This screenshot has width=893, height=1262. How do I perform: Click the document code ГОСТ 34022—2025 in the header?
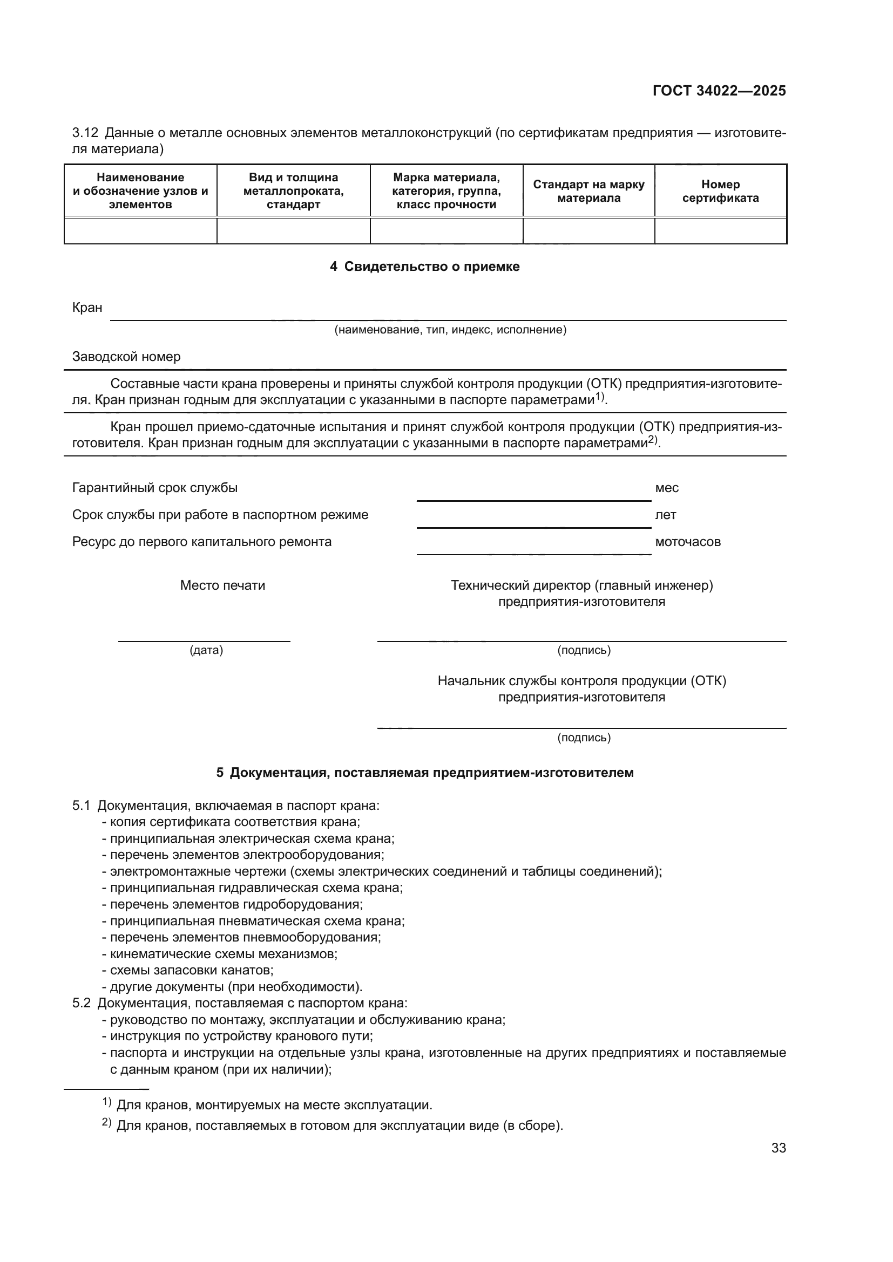[719, 91]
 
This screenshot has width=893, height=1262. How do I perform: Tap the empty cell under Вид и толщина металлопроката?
[293, 231]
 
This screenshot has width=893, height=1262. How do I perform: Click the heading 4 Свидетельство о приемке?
[424, 267]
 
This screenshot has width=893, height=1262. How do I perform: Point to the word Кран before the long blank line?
[87, 308]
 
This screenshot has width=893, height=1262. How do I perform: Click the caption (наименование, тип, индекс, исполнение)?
[450, 330]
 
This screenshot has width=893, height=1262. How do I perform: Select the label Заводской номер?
[126, 357]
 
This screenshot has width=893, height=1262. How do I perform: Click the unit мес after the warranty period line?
[666, 488]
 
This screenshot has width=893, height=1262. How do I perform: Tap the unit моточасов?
[687, 542]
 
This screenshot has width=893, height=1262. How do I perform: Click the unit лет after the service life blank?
[665, 515]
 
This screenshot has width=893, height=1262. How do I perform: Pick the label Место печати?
[222, 585]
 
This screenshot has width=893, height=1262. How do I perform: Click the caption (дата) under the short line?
[206, 650]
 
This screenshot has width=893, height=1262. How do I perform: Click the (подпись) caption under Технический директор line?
[584, 650]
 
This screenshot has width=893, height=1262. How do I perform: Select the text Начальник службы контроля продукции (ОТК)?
[582, 681]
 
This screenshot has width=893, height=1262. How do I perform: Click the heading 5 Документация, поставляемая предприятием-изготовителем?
[424, 773]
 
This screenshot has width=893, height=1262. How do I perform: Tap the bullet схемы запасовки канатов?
[191, 970]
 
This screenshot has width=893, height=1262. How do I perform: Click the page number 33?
[778, 1148]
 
